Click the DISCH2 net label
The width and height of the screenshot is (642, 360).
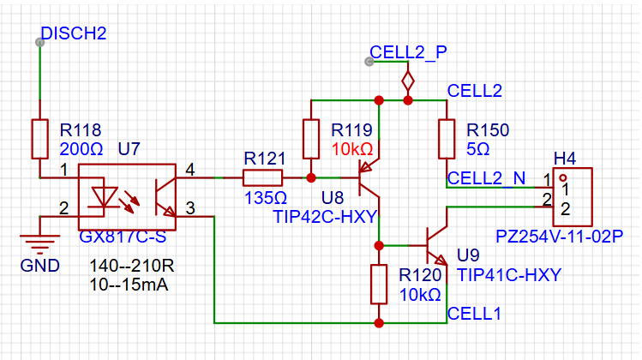click(74, 33)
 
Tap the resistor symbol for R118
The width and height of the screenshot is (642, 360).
click(39, 139)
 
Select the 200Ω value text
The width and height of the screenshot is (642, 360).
click(81, 149)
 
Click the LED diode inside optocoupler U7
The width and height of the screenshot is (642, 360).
click(105, 197)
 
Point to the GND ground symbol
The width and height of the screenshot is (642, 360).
click(39, 243)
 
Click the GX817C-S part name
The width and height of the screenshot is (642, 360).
click(123, 237)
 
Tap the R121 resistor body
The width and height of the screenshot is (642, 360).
click(262, 177)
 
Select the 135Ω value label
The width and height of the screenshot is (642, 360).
click(266, 198)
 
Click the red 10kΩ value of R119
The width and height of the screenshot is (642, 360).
click(352, 149)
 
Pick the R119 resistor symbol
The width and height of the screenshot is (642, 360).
click(311, 139)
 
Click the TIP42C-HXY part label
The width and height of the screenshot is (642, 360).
click(325, 217)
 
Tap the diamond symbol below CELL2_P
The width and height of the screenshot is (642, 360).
click(408, 81)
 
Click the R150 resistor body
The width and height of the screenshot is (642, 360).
click(447, 139)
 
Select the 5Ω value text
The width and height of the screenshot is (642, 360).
click(477, 149)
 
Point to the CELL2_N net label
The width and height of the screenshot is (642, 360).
click(486, 178)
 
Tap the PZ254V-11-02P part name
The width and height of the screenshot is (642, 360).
click(560, 237)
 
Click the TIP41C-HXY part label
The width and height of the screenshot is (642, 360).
click(509, 275)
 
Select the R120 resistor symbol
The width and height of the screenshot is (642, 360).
click(379, 285)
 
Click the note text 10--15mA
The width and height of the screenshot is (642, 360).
click(129, 285)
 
